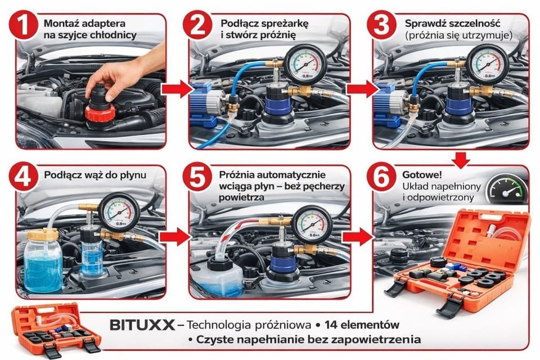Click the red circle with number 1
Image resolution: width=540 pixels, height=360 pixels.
24,24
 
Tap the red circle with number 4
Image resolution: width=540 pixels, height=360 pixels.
24,177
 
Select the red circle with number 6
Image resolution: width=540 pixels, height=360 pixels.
381,177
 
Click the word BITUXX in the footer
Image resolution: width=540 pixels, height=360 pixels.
142,325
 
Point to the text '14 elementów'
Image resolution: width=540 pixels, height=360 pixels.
362,325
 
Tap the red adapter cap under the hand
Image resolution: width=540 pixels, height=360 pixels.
100,112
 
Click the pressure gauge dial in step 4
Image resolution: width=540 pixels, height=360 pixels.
119,212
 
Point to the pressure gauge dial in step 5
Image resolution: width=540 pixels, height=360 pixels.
312,224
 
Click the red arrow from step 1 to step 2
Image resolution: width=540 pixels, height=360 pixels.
177,89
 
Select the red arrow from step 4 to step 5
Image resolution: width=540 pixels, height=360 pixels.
176,237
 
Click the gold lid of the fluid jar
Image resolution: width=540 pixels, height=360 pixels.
43,235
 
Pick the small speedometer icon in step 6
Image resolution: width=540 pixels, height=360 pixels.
507,190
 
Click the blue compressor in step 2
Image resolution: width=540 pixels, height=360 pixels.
206,103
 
